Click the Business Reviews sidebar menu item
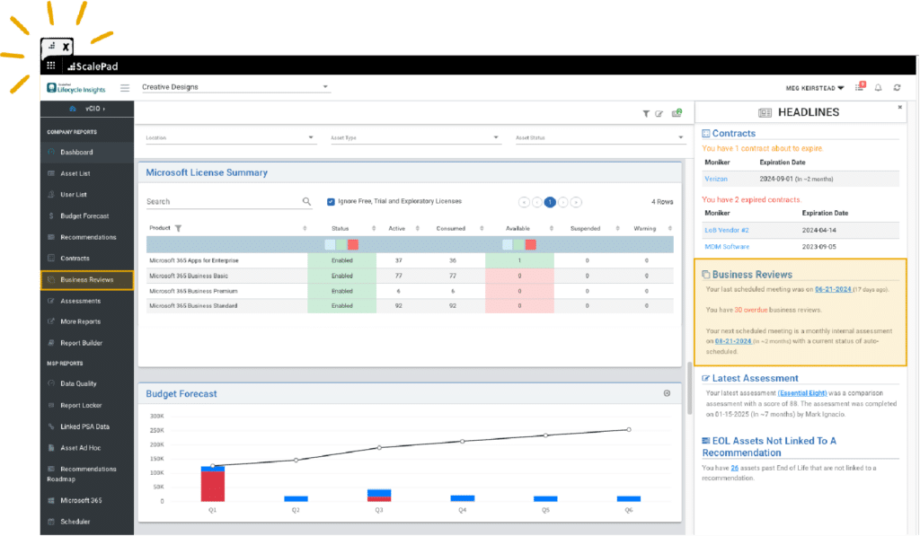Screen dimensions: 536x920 pos(87,280)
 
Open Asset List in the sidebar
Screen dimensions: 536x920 pos(75,173)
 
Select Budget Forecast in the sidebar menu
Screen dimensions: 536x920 pos(84,216)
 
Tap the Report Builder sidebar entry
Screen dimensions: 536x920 pos(81,343)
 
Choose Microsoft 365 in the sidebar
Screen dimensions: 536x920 pos(81,500)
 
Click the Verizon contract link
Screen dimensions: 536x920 pos(715,180)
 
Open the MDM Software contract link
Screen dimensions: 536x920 pos(726,246)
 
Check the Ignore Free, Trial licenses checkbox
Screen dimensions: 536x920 pos(331,202)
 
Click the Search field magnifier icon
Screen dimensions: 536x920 pos(306,202)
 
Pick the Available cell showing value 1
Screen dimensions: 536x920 pos(519,260)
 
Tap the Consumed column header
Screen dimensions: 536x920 pos(450,229)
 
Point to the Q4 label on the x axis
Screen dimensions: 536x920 pos(462,509)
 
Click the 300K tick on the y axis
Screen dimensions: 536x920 pos(156,417)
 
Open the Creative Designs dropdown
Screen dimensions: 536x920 pos(235,88)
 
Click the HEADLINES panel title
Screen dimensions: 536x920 pos(808,112)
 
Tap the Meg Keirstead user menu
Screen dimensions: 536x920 pos(814,88)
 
